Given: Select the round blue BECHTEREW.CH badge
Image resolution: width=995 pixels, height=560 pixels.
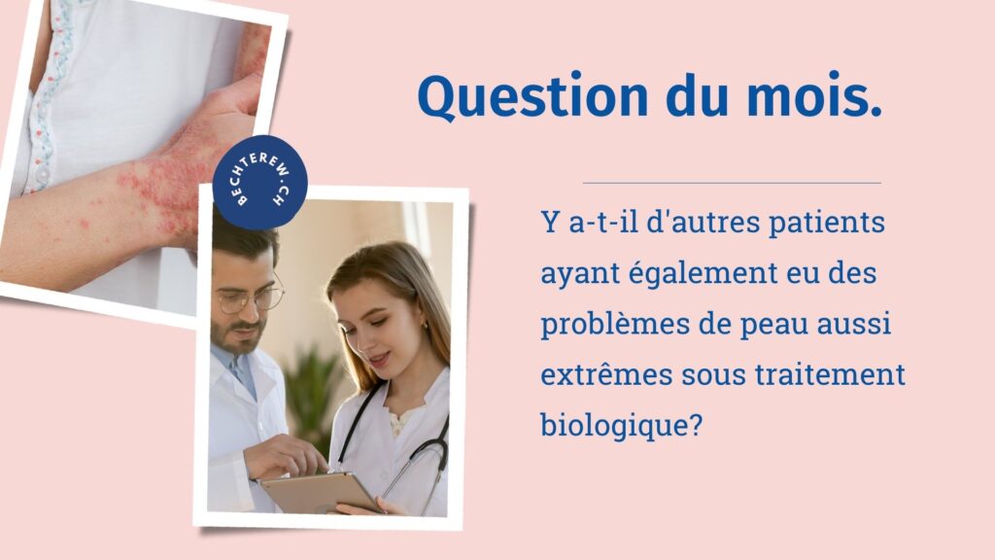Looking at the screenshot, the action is (259, 182).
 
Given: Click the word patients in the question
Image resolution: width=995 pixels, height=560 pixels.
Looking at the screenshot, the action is (826, 224).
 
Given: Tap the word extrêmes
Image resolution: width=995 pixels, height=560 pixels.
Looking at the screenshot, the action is (606, 374).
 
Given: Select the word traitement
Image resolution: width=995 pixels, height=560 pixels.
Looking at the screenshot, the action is (830, 374).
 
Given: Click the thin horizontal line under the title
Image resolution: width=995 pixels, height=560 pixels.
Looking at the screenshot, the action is (732, 183).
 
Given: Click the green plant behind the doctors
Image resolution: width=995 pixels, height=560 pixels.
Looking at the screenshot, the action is (313, 394).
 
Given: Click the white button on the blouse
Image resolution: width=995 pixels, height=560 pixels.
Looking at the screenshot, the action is (42, 172).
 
